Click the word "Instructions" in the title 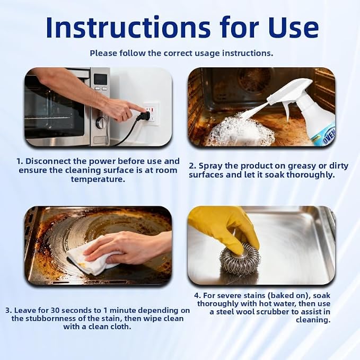pyautogui.click(x=128, y=27)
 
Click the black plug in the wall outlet pyautogui.click(x=142, y=116)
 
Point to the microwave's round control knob pyautogui.click(x=101, y=122)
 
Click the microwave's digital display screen pyautogui.click(x=101, y=79)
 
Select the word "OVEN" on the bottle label pyautogui.click(x=329, y=136)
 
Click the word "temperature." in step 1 pyautogui.click(x=98, y=179)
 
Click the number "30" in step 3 pyautogui.click(x=55, y=310)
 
